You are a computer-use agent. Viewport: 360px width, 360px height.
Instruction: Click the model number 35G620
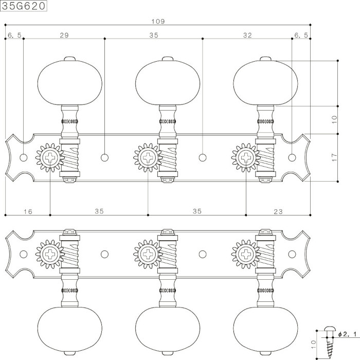[x=24, y=6]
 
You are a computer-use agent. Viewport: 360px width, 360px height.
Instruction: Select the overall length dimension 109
[x=158, y=22]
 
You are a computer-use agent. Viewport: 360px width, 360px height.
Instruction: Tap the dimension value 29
[x=64, y=35]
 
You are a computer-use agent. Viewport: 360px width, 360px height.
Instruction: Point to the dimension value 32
[x=247, y=35]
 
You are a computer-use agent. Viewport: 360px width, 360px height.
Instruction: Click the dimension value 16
[x=28, y=211]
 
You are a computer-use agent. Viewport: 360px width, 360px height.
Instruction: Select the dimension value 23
[x=278, y=211]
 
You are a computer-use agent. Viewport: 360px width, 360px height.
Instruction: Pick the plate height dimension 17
[x=334, y=157]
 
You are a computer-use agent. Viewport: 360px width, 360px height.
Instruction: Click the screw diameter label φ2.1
[x=348, y=334]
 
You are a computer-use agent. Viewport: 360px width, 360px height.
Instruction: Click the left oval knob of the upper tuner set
[x=69, y=83]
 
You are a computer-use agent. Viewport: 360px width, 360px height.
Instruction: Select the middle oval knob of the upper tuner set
[x=168, y=83]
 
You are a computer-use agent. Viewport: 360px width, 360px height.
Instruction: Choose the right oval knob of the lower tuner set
[x=266, y=330]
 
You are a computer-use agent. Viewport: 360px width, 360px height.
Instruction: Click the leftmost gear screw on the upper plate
[x=50, y=157]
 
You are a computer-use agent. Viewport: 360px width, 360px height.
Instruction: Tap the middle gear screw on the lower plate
[x=148, y=254]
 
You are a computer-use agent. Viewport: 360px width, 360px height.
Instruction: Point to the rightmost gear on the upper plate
[x=246, y=157]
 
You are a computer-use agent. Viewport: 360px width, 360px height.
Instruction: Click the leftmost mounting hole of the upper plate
[x=24, y=158]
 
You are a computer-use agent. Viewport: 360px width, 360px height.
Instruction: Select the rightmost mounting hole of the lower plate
[x=292, y=254]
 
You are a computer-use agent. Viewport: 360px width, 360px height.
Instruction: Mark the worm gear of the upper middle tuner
[x=168, y=157]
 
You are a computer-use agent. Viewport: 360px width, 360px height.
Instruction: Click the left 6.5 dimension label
[x=14, y=35]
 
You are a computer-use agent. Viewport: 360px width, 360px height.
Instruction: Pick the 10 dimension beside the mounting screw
[x=313, y=345]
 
